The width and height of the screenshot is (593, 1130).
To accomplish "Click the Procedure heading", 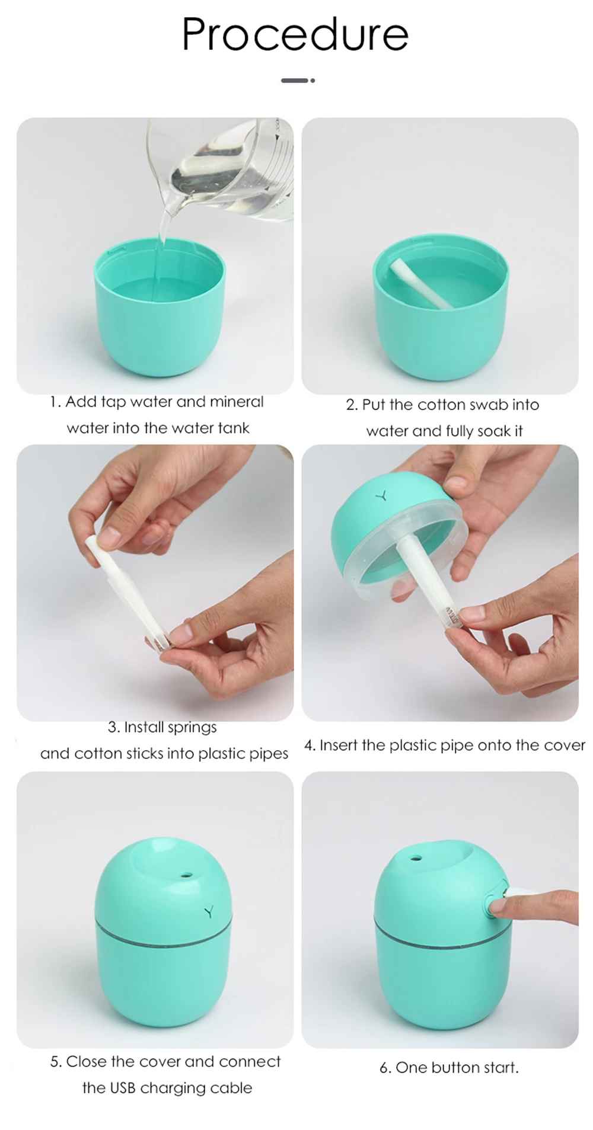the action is pyautogui.click(x=295, y=34).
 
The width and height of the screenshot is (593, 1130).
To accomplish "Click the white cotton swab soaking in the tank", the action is pyautogui.click(x=420, y=283).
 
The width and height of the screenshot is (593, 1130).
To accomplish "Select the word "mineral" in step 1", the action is pyautogui.click(x=237, y=402).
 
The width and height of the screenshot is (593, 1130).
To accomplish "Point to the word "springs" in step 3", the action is pyautogui.click(x=192, y=728).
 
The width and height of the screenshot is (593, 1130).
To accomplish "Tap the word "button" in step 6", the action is pyautogui.click(x=455, y=1068).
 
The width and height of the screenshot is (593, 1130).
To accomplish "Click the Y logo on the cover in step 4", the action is pyautogui.click(x=384, y=495).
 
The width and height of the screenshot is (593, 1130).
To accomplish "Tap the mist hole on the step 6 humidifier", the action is pyautogui.click(x=418, y=857).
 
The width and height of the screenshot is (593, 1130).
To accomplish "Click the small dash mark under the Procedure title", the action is pyautogui.click(x=298, y=80).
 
